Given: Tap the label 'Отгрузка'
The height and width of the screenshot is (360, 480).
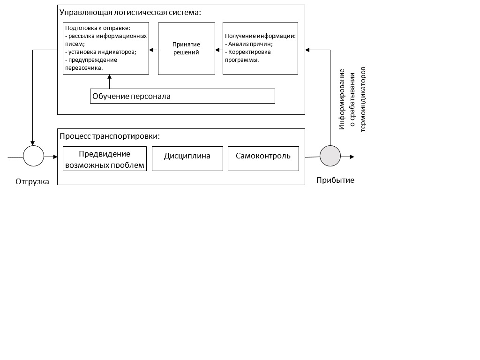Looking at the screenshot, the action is [32, 181].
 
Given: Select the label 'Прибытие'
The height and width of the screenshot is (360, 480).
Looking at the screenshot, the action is [335, 180].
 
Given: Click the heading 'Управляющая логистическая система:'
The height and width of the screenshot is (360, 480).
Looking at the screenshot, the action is [130, 13].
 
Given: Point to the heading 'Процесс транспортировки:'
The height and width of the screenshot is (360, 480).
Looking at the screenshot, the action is [110, 136].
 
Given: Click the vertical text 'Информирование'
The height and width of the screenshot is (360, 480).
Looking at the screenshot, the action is [342, 99].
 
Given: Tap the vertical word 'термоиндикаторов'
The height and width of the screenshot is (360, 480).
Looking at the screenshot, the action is [363, 99].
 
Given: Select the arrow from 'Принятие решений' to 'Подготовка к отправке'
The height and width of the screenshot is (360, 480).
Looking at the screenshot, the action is [153, 50].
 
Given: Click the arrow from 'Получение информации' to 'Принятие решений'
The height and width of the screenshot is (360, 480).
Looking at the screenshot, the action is [219, 50].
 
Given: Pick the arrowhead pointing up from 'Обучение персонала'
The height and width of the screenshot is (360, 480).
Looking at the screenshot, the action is [109, 76].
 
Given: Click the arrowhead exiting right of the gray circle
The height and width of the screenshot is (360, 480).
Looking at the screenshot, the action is [352, 157].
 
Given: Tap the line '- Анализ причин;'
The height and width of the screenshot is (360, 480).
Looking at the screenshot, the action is [248, 44].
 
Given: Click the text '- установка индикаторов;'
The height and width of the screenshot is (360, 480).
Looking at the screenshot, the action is [101, 52].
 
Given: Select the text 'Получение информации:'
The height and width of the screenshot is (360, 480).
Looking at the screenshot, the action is [260, 36].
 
